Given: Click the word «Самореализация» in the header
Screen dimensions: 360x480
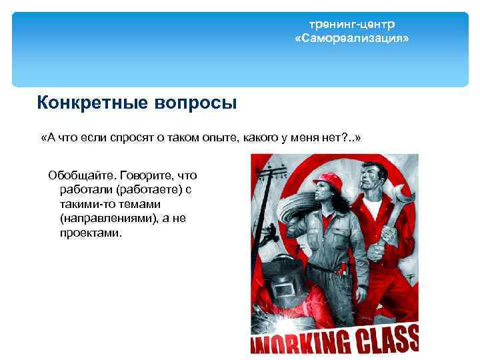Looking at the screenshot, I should (x=351, y=39).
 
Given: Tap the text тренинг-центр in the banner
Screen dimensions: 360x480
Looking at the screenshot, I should (x=351, y=25).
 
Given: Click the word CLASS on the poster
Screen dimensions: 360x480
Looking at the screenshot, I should (x=387, y=338).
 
